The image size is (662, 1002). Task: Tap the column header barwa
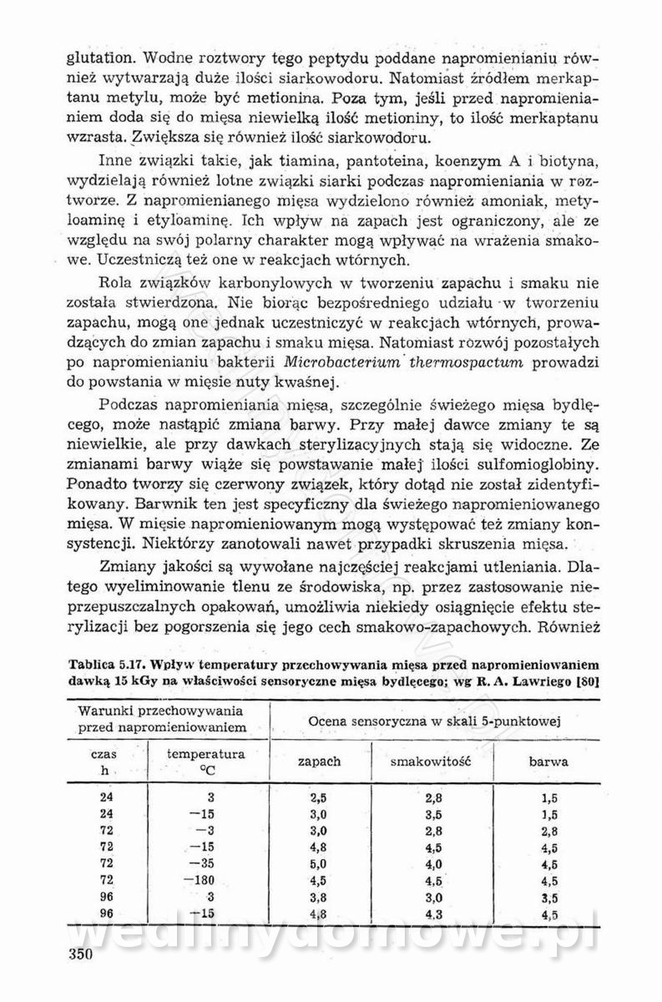coord(548,762)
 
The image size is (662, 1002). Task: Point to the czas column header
coord(104,753)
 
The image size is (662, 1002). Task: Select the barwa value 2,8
coord(548,830)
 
